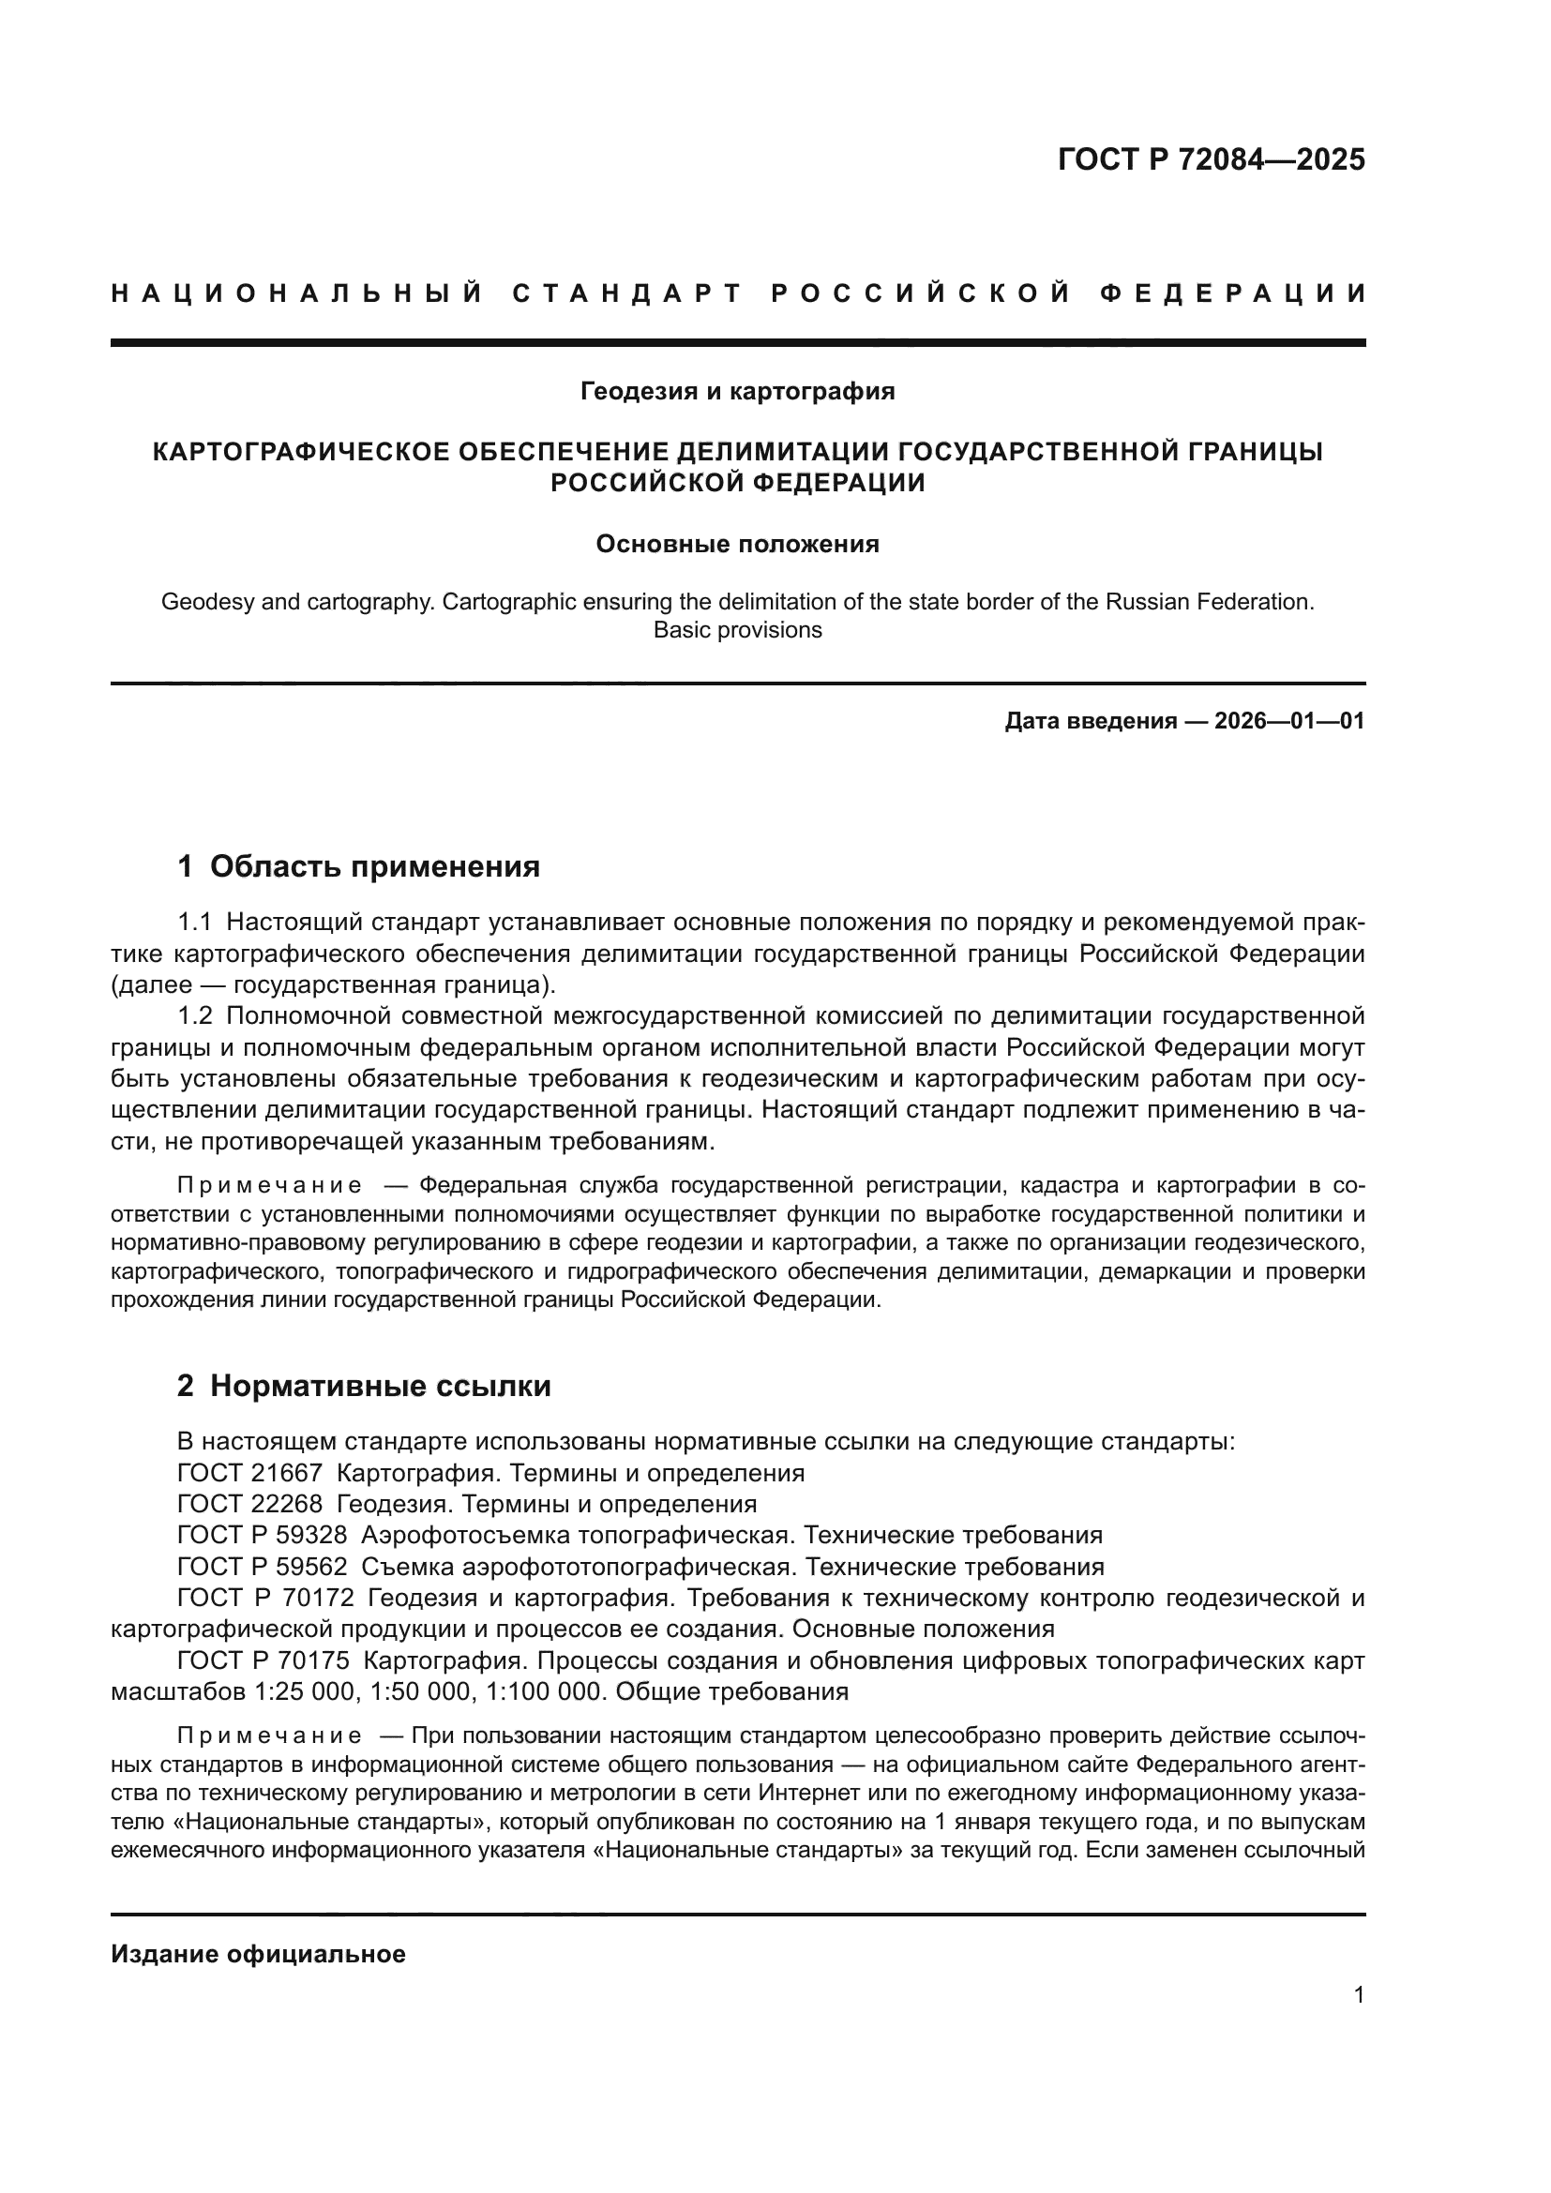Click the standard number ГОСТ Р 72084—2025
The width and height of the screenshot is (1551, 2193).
tap(1210, 159)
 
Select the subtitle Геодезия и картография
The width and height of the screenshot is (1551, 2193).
tap(737, 391)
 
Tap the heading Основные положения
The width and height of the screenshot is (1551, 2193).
tap(737, 545)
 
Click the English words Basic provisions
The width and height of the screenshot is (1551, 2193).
tap(737, 630)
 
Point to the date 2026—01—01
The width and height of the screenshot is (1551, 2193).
tap(1289, 721)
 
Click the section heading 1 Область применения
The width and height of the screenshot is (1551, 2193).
tap(358, 866)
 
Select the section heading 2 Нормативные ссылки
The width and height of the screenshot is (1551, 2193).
tap(364, 1386)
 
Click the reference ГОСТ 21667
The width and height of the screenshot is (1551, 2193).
tap(249, 1473)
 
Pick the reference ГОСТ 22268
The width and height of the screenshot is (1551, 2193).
tap(249, 1504)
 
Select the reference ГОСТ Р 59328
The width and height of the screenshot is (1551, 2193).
tap(263, 1536)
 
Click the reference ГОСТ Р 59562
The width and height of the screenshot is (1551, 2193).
tap(263, 1568)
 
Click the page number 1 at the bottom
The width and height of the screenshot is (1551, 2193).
tap(1359, 1994)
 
